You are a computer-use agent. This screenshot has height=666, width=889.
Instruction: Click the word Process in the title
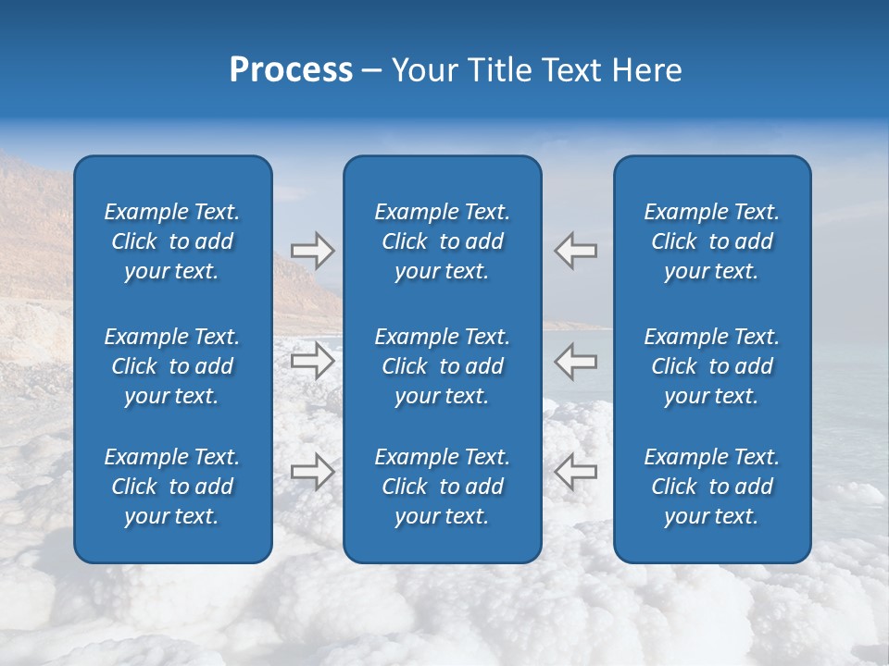pyautogui.click(x=291, y=70)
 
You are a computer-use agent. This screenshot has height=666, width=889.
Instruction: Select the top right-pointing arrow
pyautogui.click(x=312, y=250)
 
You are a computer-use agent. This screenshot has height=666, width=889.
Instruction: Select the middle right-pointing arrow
pyautogui.click(x=312, y=361)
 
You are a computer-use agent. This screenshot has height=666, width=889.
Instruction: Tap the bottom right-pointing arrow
pyautogui.click(x=312, y=472)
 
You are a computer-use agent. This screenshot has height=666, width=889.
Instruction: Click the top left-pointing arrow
pyautogui.click(x=576, y=250)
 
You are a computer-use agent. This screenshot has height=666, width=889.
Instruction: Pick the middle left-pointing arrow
pyautogui.click(x=576, y=361)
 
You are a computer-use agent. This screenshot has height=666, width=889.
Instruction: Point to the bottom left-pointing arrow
pyautogui.click(x=576, y=472)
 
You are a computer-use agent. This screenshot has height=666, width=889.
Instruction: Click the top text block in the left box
pyautogui.click(x=172, y=241)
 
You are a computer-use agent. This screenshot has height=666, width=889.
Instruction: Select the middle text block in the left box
pyautogui.click(x=172, y=366)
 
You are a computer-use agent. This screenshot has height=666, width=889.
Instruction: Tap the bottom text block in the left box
pyautogui.click(x=172, y=487)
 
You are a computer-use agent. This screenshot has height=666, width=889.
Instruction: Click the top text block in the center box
pyautogui.click(x=443, y=241)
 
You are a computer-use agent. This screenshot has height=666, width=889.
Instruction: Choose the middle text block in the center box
pyautogui.click(x=443, y=366)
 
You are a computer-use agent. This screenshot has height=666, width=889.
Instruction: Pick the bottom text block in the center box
pyautogui.click(x=443, y=487)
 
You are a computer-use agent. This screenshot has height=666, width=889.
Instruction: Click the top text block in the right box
pyautogui.click(x=712, y=241)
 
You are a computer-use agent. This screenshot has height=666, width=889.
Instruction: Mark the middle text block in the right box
pyautogui.click(x=712, y=366)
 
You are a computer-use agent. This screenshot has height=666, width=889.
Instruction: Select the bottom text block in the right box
pyautogui.click(x=712, y=487)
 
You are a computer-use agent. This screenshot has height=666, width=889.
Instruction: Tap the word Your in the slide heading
pyautogui.click(x=423, y=70)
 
